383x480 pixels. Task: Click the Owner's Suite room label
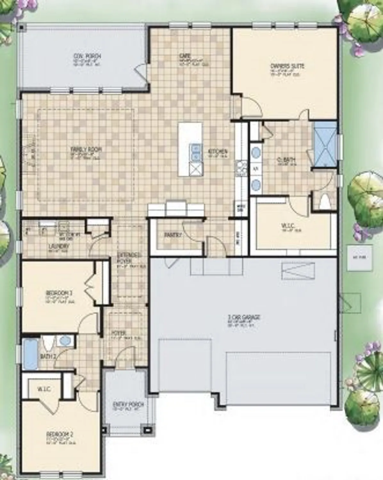(x=287, y=66)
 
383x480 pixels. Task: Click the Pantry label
(x=173, y=235)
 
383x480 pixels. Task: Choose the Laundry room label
(x=59, y=246)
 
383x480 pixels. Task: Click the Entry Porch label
(x=128, y=404)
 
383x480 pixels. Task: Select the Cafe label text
(x=185, y=56)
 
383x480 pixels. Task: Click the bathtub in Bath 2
(x=31, y=353)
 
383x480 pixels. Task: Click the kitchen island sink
(x=195, y=152)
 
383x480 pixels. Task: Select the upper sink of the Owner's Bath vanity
(x=255, y=152)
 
